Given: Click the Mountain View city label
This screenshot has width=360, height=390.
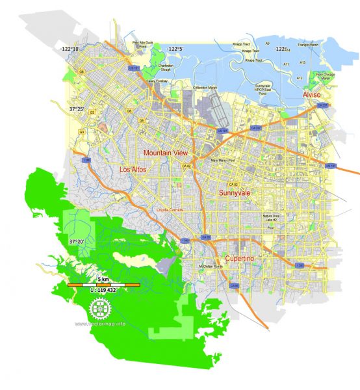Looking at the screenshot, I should pyautogui.click(x=166, y=153).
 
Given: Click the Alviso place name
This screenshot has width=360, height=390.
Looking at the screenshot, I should pyautogui.click(x=312, y=96).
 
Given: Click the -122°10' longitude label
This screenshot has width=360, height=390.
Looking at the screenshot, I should pyautogui.click(x=70, y=49).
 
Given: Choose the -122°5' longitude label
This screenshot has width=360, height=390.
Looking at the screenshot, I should pyautogui.click(x=174, y=49).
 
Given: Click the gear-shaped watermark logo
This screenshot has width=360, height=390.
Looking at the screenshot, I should pyautogui.click(x=99, y=309).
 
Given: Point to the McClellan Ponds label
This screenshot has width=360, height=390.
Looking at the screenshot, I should pyautogui.click(x=209, y=267).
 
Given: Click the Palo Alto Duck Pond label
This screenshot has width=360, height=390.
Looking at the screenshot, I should pyautogui.click(x=144, y=44).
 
